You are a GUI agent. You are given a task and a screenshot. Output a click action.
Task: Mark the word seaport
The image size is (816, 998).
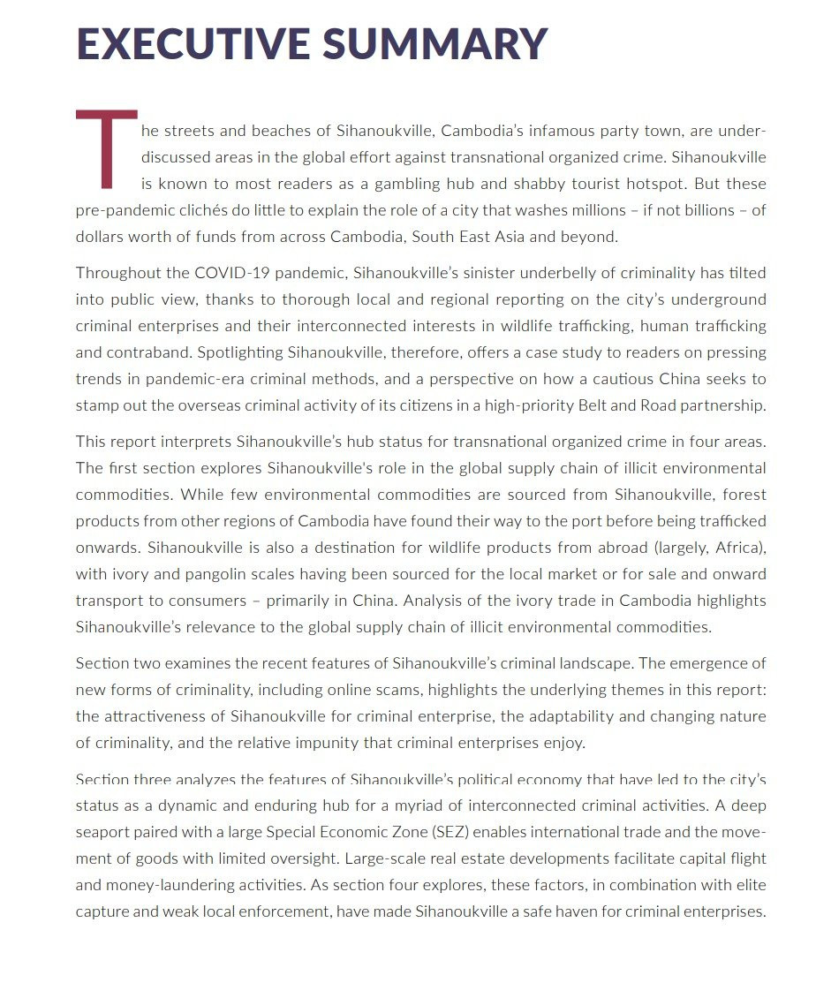tap(103, 831)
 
